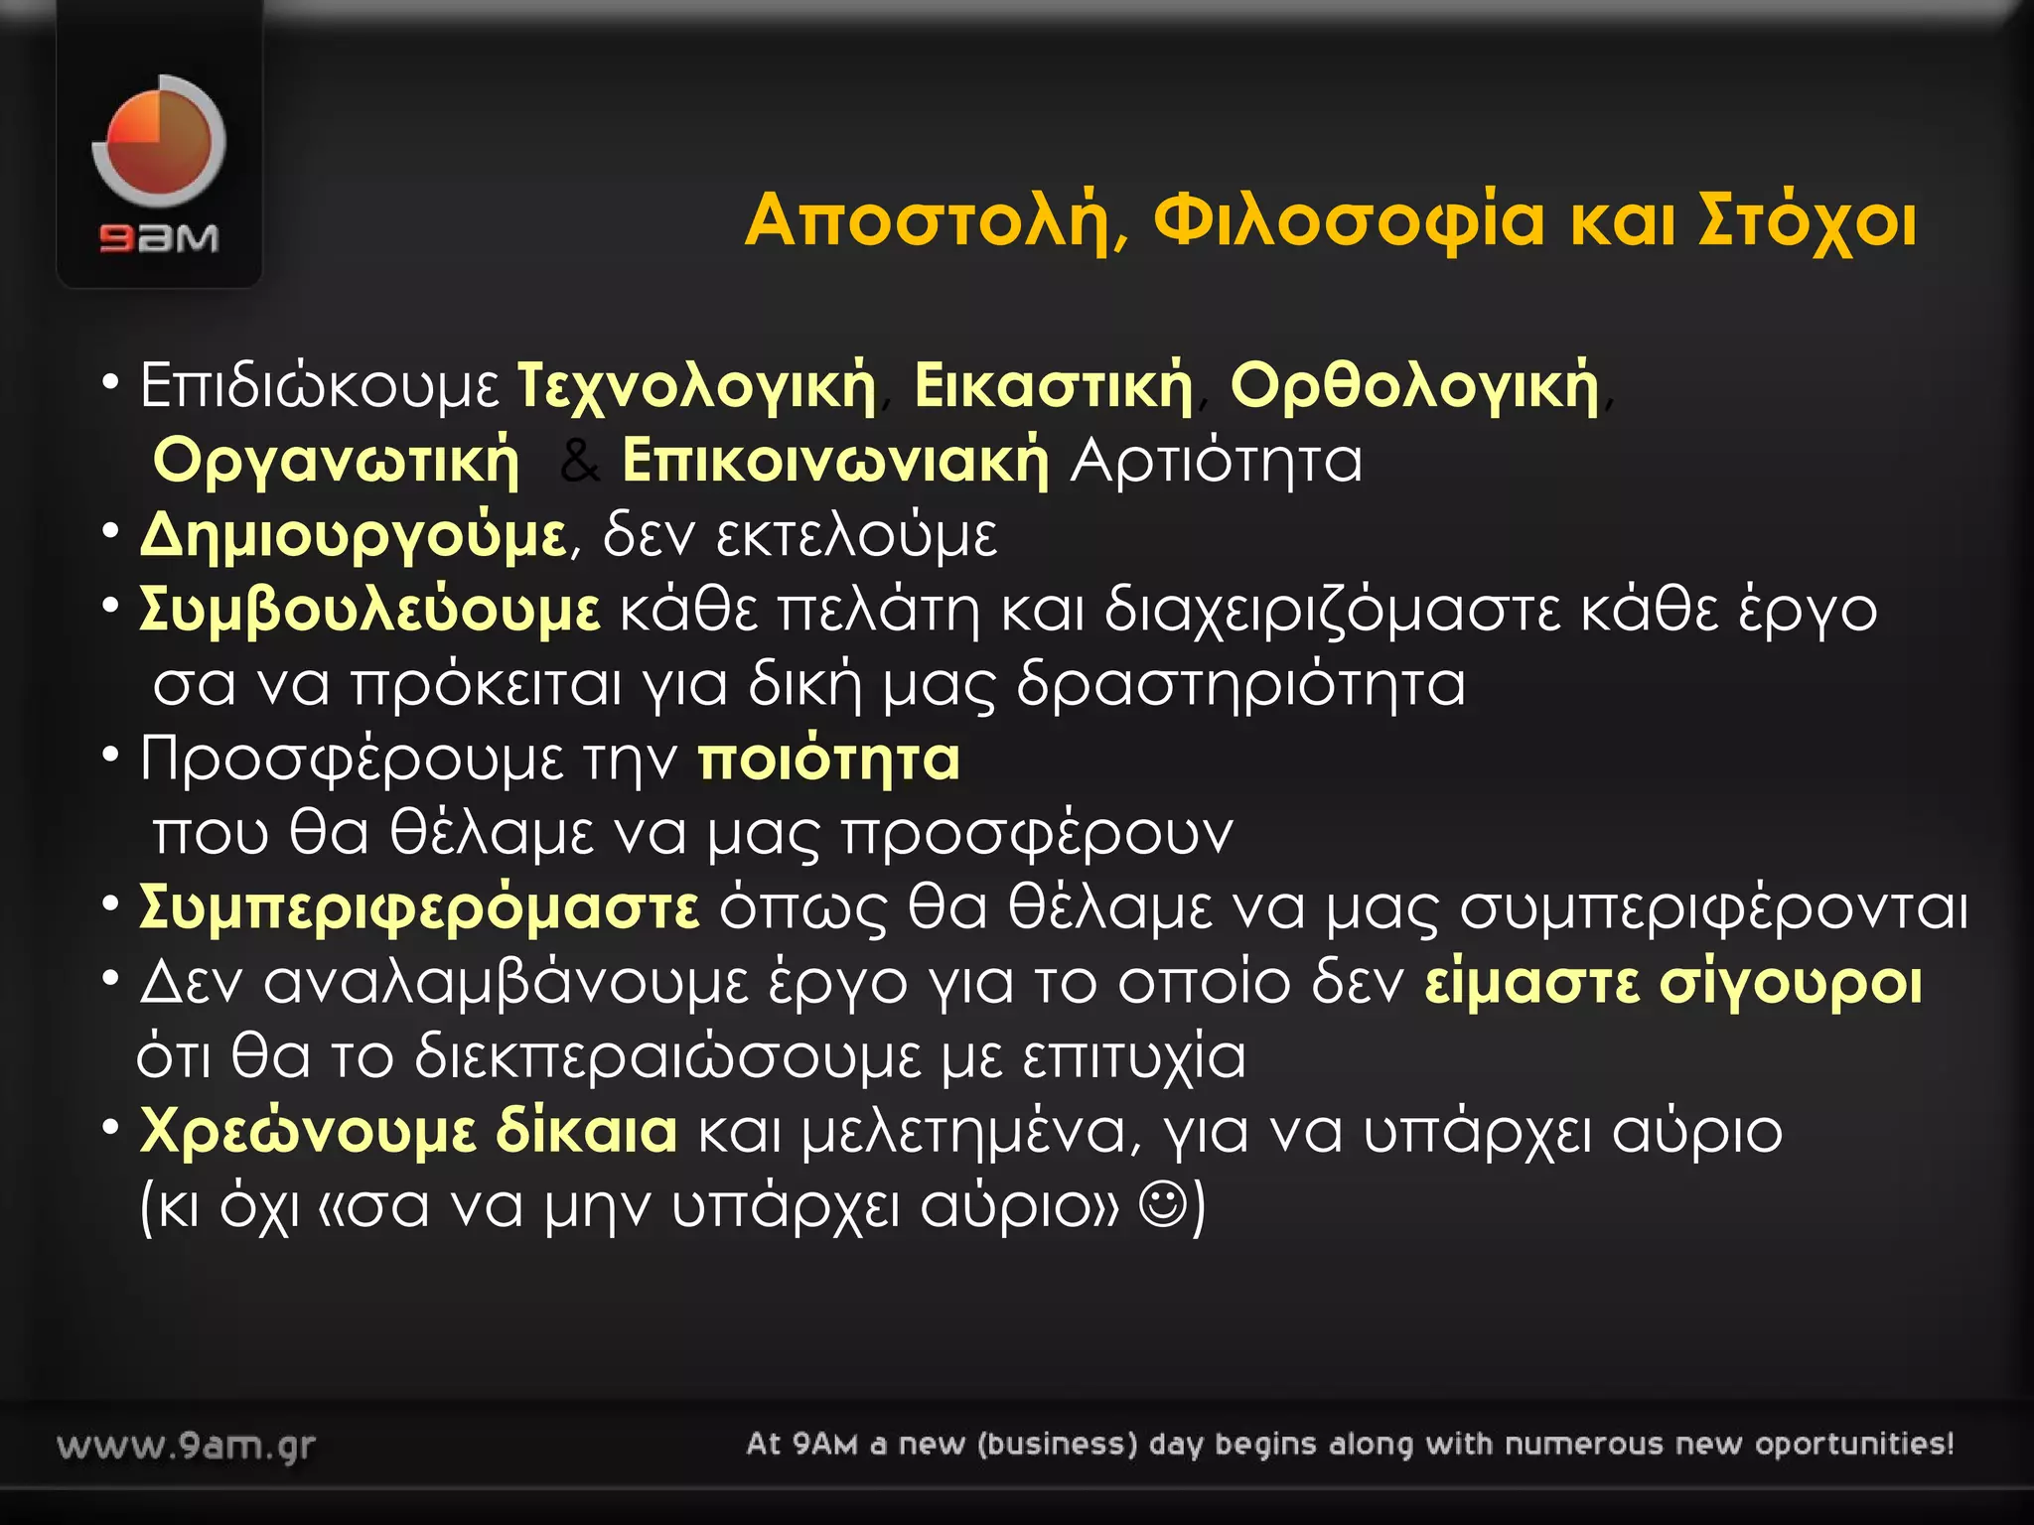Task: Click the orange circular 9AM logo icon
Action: point(159,141)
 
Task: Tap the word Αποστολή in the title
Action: point(929,220)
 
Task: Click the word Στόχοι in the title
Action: point(1808,220)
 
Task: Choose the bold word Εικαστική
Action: point(1053,386)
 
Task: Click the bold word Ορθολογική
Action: point(1414,386)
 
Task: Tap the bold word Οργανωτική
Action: point(336,462)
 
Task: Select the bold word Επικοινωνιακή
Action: point(835,462)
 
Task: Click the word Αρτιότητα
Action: point(1216,462)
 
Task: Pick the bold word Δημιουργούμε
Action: point(353,536)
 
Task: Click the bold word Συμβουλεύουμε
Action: point(369,610)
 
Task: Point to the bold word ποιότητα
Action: point(828,760)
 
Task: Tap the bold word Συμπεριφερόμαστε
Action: point(419,907)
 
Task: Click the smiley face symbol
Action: point(1163,1205)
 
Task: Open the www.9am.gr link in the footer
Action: point(187,1446)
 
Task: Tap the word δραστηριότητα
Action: point(1240,685)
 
